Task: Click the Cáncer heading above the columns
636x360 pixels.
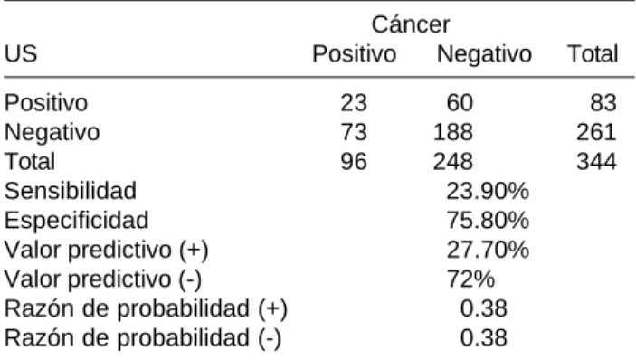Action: tap(411, 24)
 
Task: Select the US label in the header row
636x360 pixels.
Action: tap(21, 54)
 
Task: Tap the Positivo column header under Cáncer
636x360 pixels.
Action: tap(354, 54)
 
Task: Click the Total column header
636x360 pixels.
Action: tap(593, 54)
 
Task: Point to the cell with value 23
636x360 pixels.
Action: tap(354, 102)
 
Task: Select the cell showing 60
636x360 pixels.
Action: tap(460, 102)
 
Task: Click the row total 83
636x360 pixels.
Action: tap(603, 102)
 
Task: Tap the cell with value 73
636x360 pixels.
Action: tap(354, 132)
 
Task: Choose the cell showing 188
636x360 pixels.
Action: tap(452, 132)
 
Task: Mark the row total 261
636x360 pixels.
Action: tap(596, 132)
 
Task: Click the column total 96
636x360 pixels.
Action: tap(354, 161)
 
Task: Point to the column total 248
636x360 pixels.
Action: tap(452, 161)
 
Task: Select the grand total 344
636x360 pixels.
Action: tap(596, 161)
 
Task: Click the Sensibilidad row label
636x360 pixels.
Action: tap(71, 191)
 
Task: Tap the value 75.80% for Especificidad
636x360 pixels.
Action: tap(488, 220)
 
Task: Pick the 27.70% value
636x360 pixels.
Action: tap(488, 250)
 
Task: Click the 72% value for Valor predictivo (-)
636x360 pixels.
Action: tap(470, 279)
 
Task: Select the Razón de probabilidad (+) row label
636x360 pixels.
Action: tap(146, 309)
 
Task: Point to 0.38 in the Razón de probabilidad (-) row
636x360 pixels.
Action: tap(483, 337)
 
